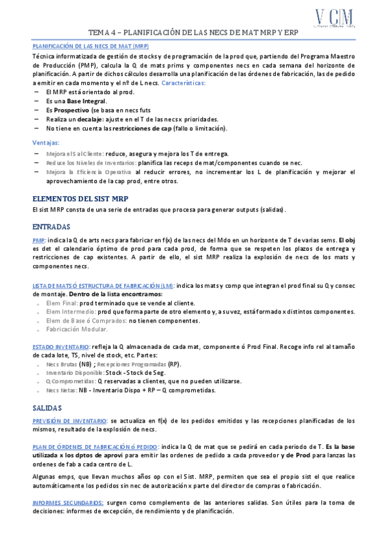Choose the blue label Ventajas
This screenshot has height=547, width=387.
46,142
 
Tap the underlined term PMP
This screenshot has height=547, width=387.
38,240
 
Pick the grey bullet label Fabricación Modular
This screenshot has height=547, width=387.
77,329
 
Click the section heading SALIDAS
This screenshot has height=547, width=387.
47,408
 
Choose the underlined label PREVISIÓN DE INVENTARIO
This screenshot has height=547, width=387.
70,421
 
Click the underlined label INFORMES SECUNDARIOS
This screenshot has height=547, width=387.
68,502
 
